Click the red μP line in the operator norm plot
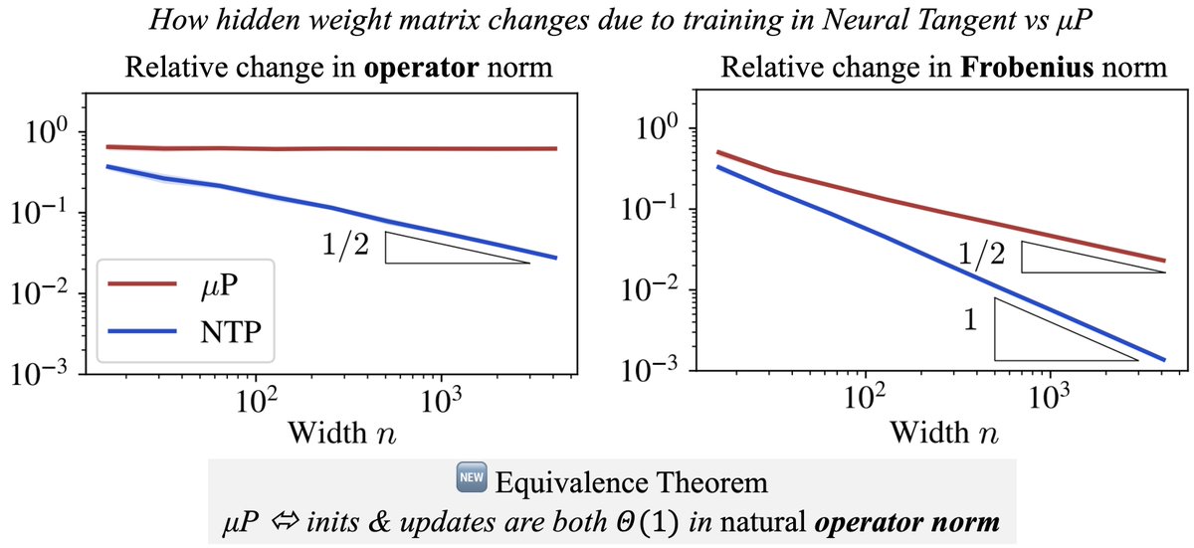point(330,148)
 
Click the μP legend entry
point(184,284)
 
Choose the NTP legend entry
point(184,332)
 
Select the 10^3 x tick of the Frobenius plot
point(1050,397)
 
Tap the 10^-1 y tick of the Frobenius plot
point(649,208)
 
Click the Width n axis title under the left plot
point(342,433)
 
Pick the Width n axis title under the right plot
point(944,432)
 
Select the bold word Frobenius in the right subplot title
point(1027,69)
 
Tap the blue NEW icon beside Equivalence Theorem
point(472,476)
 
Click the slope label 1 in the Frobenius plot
point(971,320)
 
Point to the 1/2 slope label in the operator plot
point(346,245)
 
